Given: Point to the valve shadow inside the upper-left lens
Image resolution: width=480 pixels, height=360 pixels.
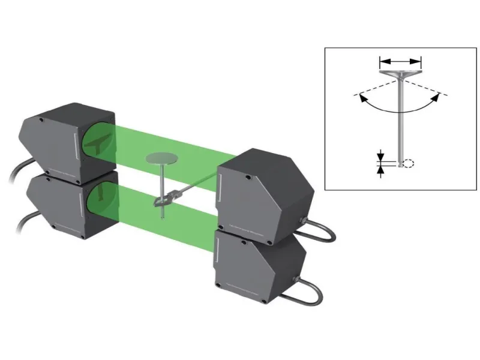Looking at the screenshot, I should click(98, 142).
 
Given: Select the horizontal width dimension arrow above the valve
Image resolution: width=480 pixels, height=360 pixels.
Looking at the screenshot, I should click(400, 61).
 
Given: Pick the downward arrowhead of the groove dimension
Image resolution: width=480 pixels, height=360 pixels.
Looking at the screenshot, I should click(380, 157).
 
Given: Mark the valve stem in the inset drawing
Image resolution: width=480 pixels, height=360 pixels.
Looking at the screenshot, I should click(400, 120).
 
